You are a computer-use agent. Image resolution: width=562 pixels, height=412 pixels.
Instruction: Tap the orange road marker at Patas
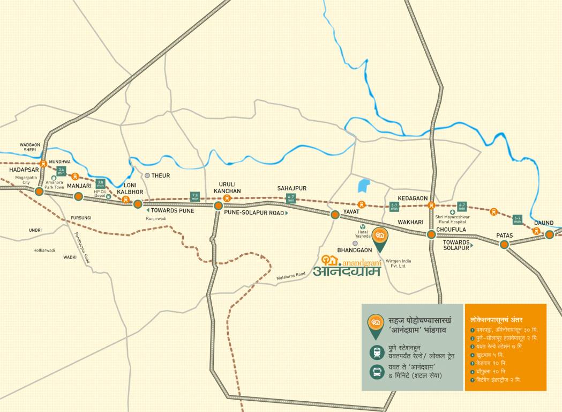tap(504, 245)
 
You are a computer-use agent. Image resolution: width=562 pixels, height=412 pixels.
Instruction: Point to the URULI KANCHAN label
tap(227, 187)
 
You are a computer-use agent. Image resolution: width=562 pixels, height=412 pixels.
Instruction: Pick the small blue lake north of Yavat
tap(364, 186)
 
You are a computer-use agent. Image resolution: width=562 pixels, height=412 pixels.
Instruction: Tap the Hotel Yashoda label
tap(363, 234)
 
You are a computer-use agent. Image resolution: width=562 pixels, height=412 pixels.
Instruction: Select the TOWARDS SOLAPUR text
tap(456, 245)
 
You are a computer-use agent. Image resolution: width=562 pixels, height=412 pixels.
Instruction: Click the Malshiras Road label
tap(290, 276)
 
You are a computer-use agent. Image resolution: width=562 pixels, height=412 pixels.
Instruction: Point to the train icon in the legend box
tap(376, 352)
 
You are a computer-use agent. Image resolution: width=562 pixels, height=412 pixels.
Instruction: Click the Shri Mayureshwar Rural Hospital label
tap(452, 219)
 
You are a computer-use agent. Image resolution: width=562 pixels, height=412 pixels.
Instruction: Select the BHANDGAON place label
tap(355, 250)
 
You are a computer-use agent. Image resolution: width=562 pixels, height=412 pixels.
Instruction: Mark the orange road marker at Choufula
tap(431, 234)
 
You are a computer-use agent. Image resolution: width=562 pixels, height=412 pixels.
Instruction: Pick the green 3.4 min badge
tap(61, 172)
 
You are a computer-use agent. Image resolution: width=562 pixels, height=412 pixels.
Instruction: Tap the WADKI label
tap(70, 257)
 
